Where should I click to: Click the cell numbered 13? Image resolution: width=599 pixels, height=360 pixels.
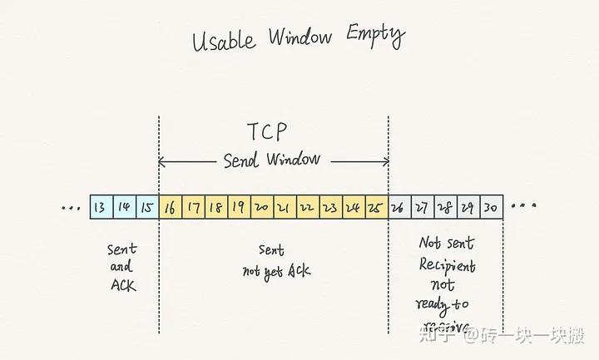pos(101,207)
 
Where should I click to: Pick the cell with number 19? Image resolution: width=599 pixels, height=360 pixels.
pos(238,207)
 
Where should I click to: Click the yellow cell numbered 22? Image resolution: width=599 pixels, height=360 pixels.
pos(306,207)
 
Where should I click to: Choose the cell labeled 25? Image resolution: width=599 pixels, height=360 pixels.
pos(375,207)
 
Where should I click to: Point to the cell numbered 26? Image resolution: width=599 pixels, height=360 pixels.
pos(399,207)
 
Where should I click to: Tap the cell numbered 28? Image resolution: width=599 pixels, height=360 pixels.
pos(446,207)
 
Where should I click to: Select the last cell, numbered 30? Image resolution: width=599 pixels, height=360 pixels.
pos(491,207)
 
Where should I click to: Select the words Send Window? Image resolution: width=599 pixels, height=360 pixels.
pos(272,160)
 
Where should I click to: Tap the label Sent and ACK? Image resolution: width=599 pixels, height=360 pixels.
pos(121,267)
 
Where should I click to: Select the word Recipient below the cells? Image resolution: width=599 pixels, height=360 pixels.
pos(448,267)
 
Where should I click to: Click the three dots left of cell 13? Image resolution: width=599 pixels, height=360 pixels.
pos(72,207)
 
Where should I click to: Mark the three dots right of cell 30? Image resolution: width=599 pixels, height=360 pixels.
pos(524,205)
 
